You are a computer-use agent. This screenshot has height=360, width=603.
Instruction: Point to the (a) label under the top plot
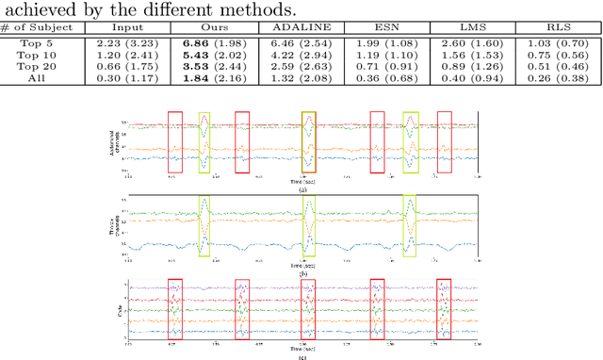tap(302, 188)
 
